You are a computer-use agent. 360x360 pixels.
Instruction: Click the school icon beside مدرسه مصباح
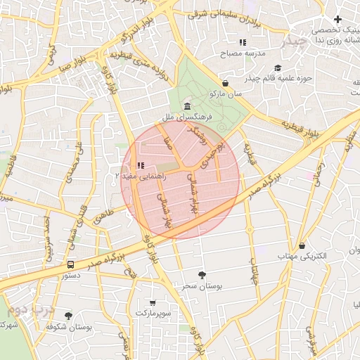[243, 42]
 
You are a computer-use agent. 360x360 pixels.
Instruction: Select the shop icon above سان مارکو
[224, 82]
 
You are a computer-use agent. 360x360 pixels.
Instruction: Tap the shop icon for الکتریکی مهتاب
[302, 246]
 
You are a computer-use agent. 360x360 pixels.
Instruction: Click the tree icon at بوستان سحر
[202, 275]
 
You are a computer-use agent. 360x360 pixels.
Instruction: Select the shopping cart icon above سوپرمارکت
[153, 303]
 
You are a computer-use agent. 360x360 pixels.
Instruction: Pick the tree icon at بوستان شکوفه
[68, 316]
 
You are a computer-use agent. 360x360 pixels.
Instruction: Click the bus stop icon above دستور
[70, 265]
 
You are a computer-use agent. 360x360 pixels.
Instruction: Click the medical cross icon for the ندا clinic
[338, 19]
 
